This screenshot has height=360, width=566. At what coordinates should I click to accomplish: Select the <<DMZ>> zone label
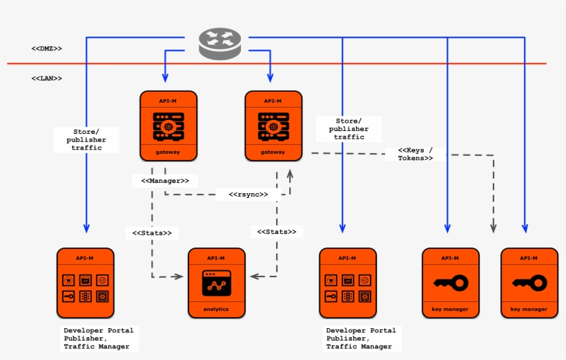click(46, 49)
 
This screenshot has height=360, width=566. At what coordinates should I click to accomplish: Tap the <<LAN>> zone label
click(46, 79)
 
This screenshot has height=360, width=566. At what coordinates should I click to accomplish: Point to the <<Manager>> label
click(165, 181)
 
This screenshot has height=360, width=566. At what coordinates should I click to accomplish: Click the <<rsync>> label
click(248, 194)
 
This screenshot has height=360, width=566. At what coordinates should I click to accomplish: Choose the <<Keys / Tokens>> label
click(416, 154)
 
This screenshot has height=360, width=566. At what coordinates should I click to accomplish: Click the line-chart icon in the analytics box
click(215, 283)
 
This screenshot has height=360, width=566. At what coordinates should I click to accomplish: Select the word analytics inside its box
click(215, 309)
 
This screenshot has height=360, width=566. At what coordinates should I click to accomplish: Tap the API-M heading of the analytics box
click(215, 258)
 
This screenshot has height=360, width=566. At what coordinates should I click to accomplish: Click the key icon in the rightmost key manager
click(529, 283)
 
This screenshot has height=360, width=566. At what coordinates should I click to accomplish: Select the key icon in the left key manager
click(450, 283)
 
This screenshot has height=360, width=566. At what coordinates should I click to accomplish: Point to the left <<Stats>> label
click(152, 233)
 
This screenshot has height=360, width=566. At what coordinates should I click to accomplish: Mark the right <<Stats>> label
click(277, 232)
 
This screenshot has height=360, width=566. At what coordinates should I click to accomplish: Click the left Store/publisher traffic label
click(86, 139)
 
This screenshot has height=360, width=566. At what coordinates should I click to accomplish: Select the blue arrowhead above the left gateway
click(165, 78)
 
